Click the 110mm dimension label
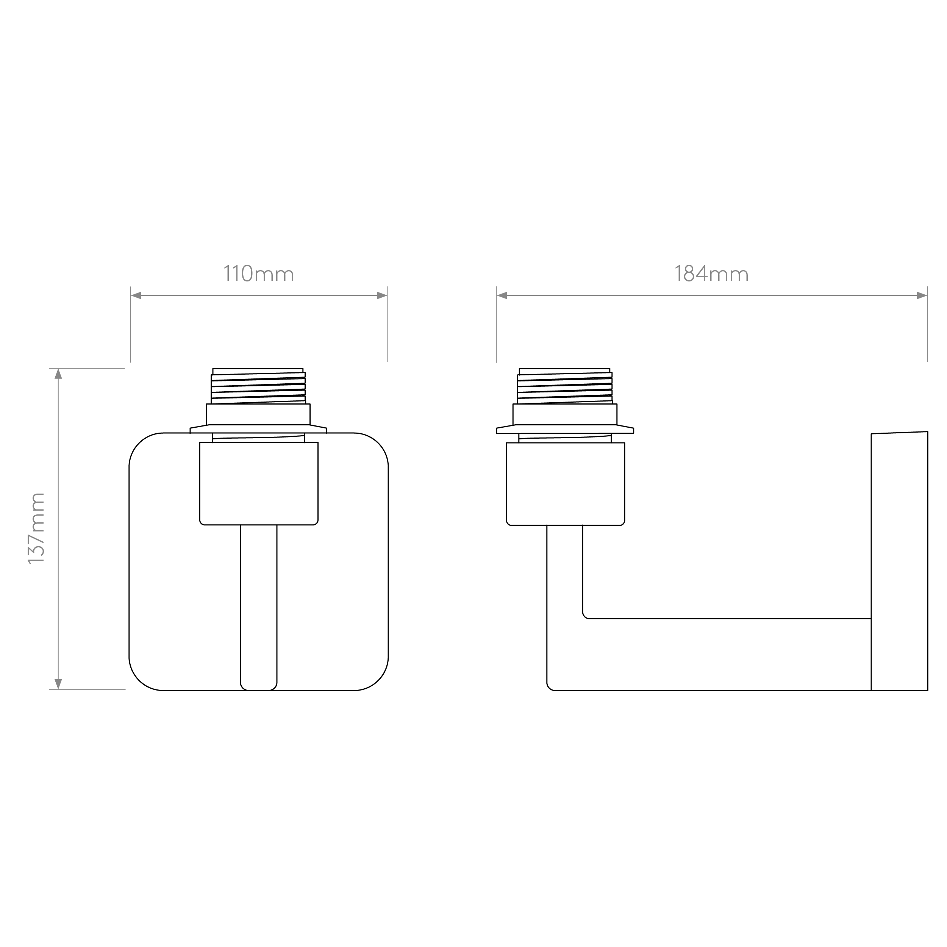[258, 274]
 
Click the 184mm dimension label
[711, 274]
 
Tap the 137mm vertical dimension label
[36, 528]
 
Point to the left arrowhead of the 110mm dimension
[136, 295]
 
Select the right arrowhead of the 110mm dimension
[382, 295]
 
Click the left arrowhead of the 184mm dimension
[502, 295]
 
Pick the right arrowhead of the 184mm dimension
[922, 295]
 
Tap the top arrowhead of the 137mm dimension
[58, 374]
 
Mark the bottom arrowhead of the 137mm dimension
[58, 684]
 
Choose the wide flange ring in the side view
[565, 430]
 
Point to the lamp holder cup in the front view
[258, 483]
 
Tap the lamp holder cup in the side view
[565, 483]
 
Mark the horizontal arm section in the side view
[725, 654]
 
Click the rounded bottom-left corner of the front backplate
[140, 679]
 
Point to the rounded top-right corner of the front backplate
[377, 444]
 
